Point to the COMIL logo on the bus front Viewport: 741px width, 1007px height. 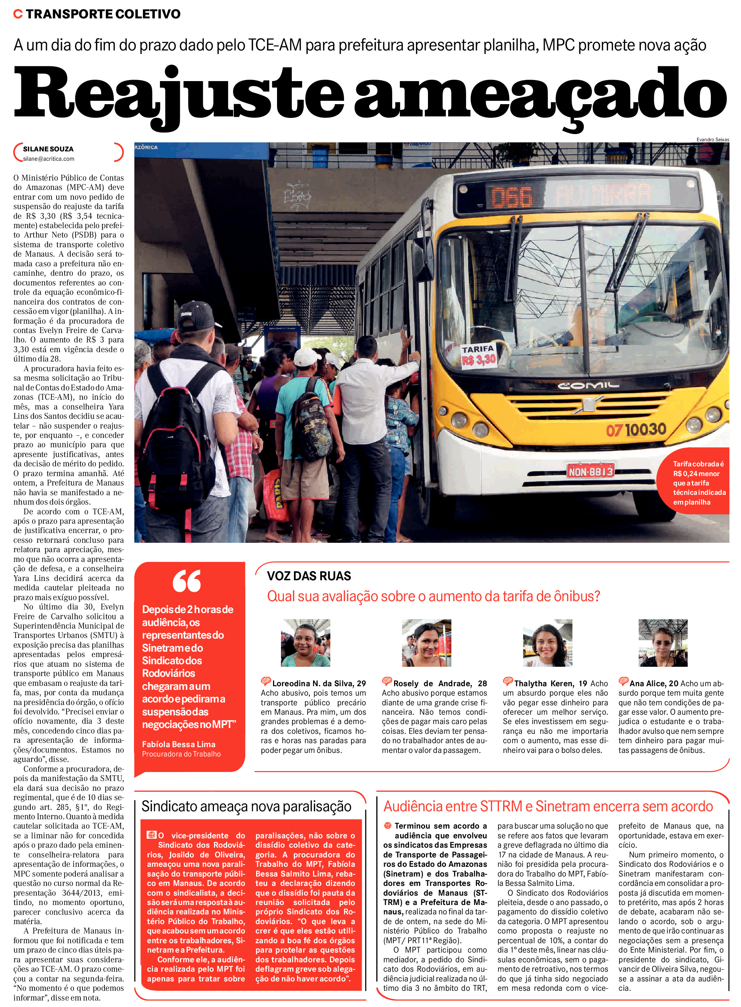click(x=588, y=386)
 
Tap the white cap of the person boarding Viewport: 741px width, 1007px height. click(x=307, y=357)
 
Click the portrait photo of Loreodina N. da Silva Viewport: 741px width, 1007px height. click(x=305, y=643)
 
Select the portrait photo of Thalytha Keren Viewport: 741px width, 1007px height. click(x=547, y=643)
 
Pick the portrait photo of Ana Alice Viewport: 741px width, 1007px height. click(x=662, y=643)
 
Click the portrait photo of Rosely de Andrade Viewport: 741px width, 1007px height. click(x=426, y=643)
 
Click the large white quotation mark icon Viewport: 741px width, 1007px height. click(x=187, y=581)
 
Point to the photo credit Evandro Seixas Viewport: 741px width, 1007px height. click(x=712, y=139)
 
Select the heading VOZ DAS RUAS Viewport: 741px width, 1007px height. click(x=309, y=576)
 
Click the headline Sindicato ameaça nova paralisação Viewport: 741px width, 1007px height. click(x=246, y=806)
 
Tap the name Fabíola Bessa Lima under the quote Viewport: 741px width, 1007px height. click(x=179, y=744)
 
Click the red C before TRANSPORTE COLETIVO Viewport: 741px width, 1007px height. click(x=18, y=14)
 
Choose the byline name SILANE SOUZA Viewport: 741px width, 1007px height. click(x=48, y=149)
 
